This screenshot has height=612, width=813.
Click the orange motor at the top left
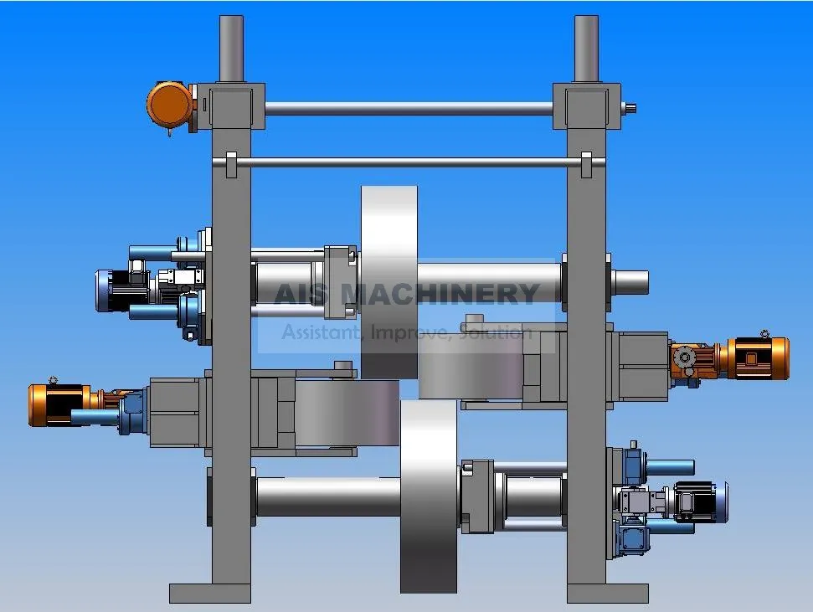coord(171,105)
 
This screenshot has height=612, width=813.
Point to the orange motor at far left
coord(59,404)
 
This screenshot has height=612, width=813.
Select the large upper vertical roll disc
coord(389,280)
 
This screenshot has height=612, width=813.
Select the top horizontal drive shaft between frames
coord(409,108)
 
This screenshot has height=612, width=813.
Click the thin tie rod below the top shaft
coord(409,162)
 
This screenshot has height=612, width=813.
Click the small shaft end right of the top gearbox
coord(630,106)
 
